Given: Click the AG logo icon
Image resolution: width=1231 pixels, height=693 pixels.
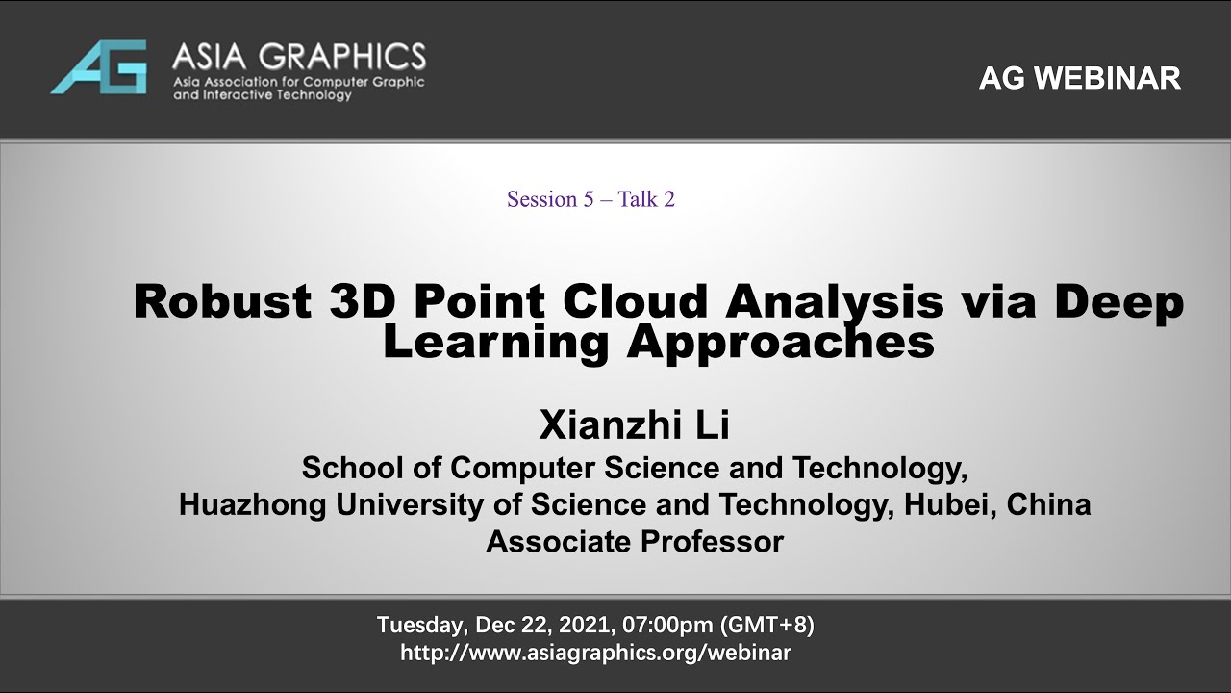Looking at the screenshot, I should [99, 66].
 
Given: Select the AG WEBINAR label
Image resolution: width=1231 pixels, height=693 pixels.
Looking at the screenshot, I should [1079, 79].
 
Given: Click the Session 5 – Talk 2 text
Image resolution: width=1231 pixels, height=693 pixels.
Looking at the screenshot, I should [590, 199].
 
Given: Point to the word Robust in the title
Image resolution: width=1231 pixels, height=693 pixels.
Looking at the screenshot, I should [222, 301].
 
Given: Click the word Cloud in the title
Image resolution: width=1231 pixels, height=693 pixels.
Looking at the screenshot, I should [638, 301].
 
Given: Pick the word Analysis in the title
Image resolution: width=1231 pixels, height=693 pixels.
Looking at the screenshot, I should [835, 303].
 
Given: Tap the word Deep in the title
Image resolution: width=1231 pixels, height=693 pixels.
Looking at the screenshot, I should [1118, 303].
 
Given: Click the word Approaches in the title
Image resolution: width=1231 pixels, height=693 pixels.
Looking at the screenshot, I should [780, 345].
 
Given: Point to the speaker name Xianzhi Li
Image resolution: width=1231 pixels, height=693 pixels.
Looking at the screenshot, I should [634, 424].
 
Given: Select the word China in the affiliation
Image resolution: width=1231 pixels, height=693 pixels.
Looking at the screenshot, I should [1048, 504].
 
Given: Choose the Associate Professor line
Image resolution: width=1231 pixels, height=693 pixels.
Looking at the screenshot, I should [635, 542].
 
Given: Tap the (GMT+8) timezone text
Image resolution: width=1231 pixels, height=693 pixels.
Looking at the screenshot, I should [767, 625].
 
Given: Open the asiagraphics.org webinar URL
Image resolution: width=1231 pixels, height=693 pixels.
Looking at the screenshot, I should [595, 653].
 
